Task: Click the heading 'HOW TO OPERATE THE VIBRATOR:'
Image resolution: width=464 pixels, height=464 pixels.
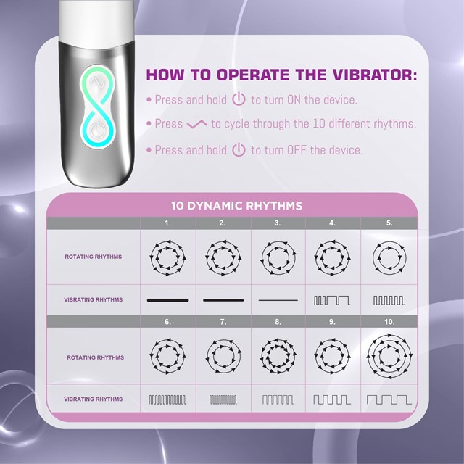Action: pyautogui.click(x=281, y=75)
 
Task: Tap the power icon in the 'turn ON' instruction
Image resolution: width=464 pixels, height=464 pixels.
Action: pyautogui.click(x=239, y=100)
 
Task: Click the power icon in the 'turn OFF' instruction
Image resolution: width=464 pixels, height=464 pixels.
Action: pyautogui.click(x=239, y=150)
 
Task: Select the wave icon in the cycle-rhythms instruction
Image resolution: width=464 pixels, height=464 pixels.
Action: pyautogui.click(x=196, y=125)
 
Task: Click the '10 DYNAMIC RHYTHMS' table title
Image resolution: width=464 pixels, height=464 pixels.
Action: pyautogui.click(x=236, y=206)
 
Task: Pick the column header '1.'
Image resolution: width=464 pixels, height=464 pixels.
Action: pyautogui.click(x=167, y=223)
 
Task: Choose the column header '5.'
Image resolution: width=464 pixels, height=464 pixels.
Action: pyautogui.click(x=389, y=223)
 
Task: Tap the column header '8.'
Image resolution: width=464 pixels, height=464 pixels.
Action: pyautogui.click(x=278, y=321)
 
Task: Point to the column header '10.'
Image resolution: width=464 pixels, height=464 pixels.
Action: pyautogui.click(x=389, y=321)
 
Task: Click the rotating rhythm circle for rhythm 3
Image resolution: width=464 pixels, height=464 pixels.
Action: pyautogui.click(x=278, y=257)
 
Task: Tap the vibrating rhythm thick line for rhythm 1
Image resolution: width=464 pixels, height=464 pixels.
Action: pyautogui.click(x=167, y=299)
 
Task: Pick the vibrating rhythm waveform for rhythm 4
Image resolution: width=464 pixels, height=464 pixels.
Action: pyautogui.click(x=332, y=299)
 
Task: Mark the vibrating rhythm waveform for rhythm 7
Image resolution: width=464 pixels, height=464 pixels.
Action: pyautogui.click(x=223, y=399)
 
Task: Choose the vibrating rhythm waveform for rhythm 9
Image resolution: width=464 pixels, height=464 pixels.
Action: pyautogui.click(x=332, y=399)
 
